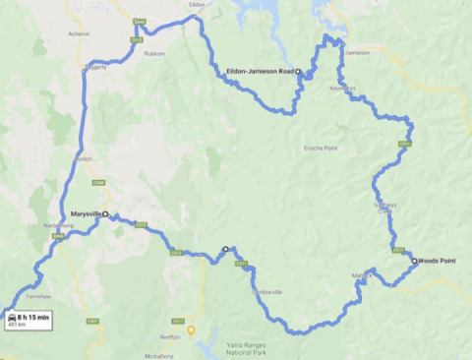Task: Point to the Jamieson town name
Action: point(358,52)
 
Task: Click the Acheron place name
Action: point(79,33)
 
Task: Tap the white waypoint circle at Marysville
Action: point(105,213)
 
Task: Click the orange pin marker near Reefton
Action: point(192,330)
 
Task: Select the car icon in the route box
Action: point(11,320)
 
